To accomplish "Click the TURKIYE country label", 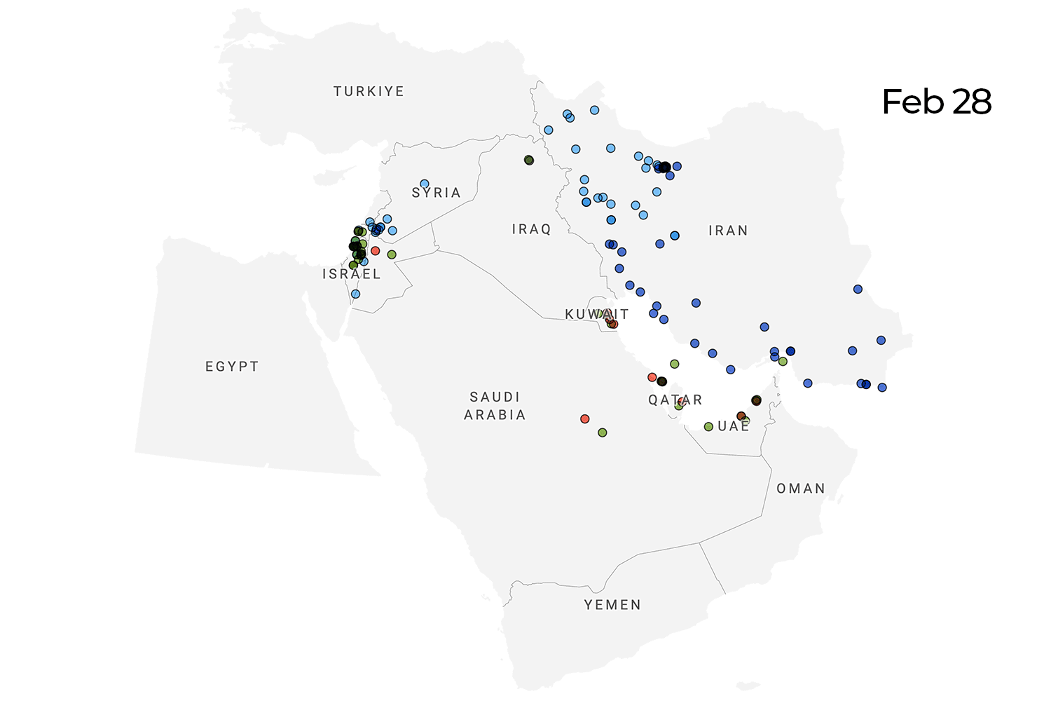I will click(x=369, y=91).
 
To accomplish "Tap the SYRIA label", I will click(x=436, y=193).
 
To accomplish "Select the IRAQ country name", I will click(x=531, y=229).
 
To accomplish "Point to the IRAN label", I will click(x=728, y=231).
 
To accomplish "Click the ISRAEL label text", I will click(x=351, y=274).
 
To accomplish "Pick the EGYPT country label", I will click(x=232, y=367).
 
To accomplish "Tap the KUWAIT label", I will click(x=596, y=314).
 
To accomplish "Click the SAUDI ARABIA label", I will click(x=495, y=406).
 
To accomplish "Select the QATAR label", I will click(x=675, y=400).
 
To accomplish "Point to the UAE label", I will click(x=733, y=426).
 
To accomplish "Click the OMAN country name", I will click(x=800, y=489).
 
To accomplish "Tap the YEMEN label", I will click(x=612, y=605).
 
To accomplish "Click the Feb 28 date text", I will click(x=936, y=102).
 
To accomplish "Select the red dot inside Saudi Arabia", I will click(x=585, y=419).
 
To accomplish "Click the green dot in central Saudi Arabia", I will click(x=602, y=433).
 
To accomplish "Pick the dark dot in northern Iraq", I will click(x=529, y=161).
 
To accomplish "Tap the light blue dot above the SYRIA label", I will click(x=424, y=184).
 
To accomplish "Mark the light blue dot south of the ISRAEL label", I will click(x=355, y=294).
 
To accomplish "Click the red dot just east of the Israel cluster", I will click(x=375, y=251).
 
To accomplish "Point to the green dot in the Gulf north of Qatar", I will click(x=674, y=364).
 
